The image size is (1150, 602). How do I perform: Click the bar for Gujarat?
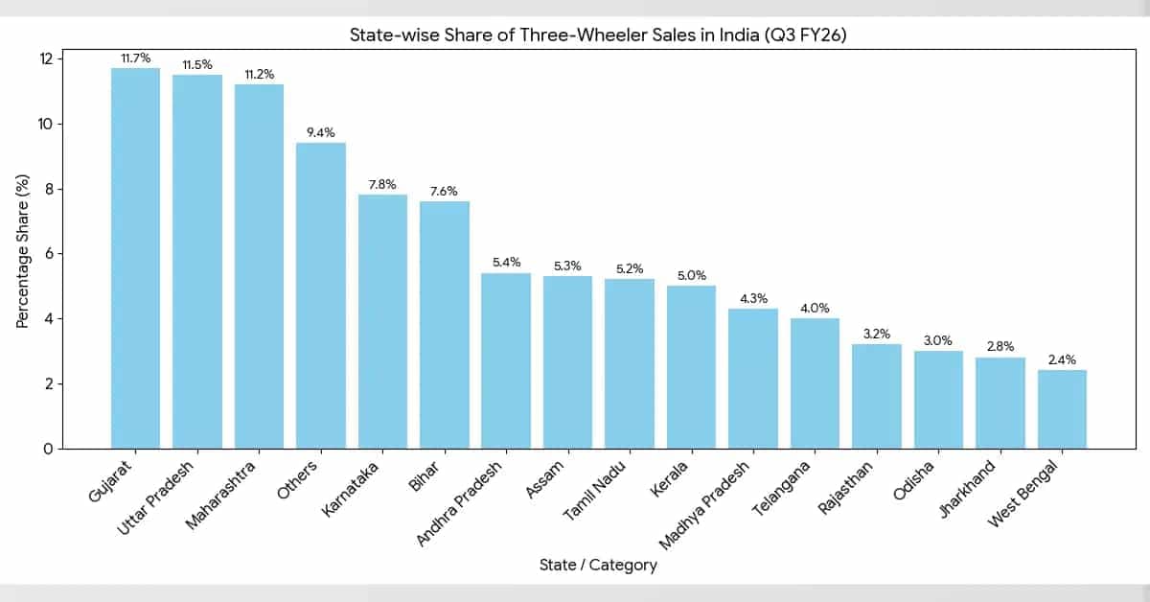click(135, 259)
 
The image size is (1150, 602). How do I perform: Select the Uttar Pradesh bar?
click(197, 262)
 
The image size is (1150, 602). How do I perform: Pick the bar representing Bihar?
click(445, 325)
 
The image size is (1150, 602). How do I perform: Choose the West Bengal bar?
click(1062, 409)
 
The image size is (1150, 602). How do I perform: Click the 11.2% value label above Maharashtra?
click(259, 73)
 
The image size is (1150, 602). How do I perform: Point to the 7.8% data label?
click(382, 183)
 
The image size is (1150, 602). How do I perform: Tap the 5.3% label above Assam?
click(567, 265)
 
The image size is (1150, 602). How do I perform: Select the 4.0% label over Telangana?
click(815, 307)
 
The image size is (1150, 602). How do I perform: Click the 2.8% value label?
click(1000, 346)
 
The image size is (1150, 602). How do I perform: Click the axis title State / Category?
click(598, 566)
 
